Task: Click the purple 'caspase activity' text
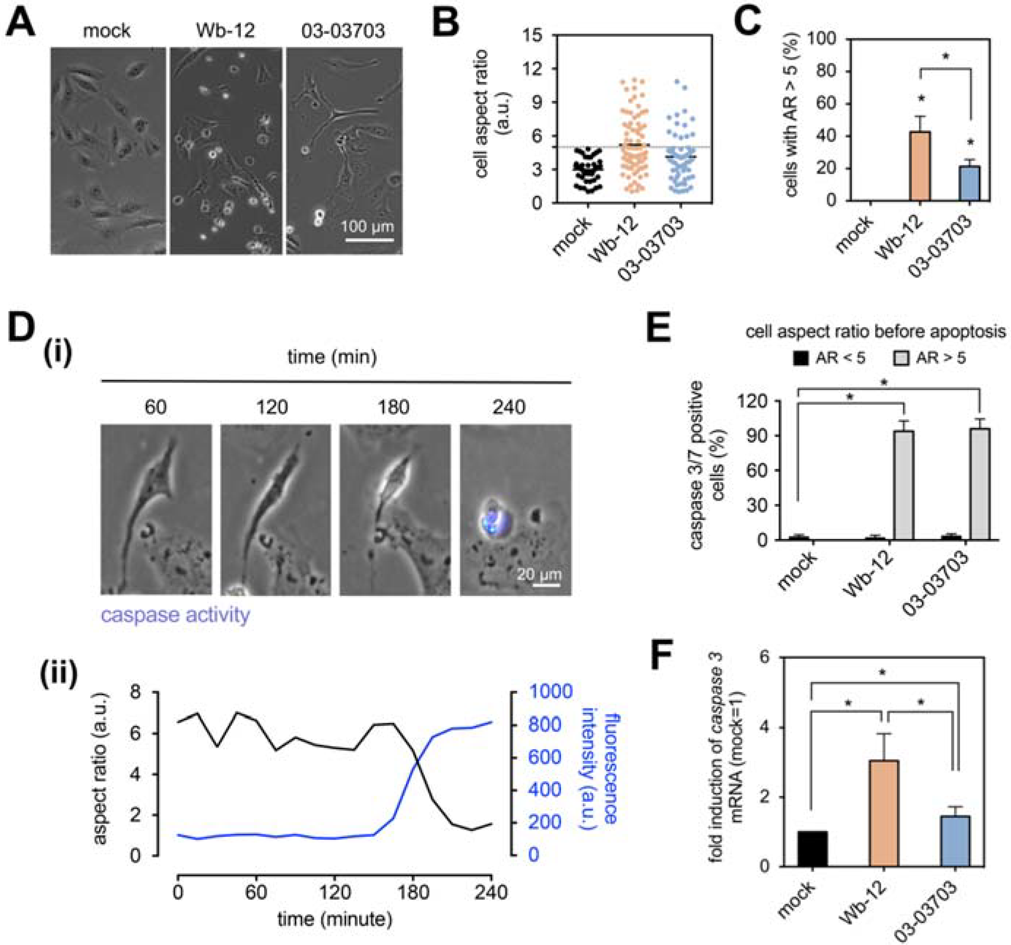tap(175, 615)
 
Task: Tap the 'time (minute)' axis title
tap(335, 919)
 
